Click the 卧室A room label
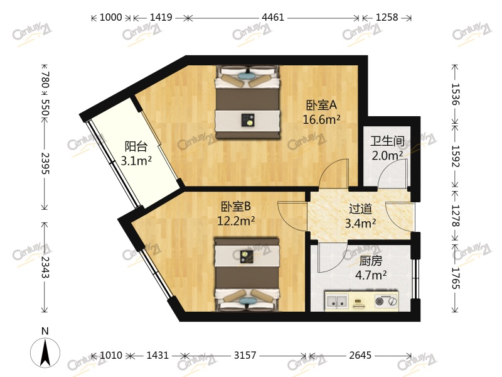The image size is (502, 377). (322, 106)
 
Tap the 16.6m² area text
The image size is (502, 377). (322, 119)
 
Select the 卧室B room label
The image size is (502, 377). (235, 206)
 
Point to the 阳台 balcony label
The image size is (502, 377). (136, 146)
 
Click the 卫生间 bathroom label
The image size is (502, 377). (387, 141)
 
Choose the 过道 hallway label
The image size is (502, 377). (361, 209)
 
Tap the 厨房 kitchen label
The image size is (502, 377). (371, 260)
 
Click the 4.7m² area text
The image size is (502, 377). (371, 274)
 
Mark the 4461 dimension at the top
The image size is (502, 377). (273, 18)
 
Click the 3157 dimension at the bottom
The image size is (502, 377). (245, 356)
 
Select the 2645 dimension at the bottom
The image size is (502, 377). (360, 356)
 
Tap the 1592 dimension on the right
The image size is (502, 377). (456, 154)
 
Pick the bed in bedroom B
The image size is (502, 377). (247, 273)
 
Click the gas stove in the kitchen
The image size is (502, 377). (385, 301)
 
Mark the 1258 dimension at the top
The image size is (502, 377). (387, 18)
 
